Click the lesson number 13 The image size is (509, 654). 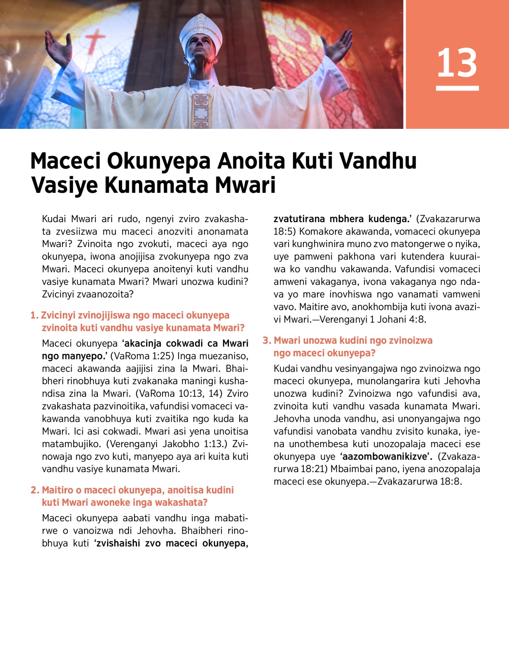pyautogui.click(x=457, y=63)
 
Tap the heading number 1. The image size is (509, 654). pyautogui.click(x=34, y=315)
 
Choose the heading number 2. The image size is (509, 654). pyautogui.click(x=34, y=490)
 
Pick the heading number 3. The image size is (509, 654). pyautogui.click(x=266, y=340)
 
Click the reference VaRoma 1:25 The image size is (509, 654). pyautogui.click(x=142, y=356)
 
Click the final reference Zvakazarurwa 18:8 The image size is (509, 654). pyautogui.click(x=419, y=481)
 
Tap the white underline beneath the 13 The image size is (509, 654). pyautogui.click(x=457, y=88)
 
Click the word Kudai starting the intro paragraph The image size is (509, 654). pyautogui.click(x=54, y=219)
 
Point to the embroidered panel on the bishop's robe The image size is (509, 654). pyautogui.click(x=201, y=110)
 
